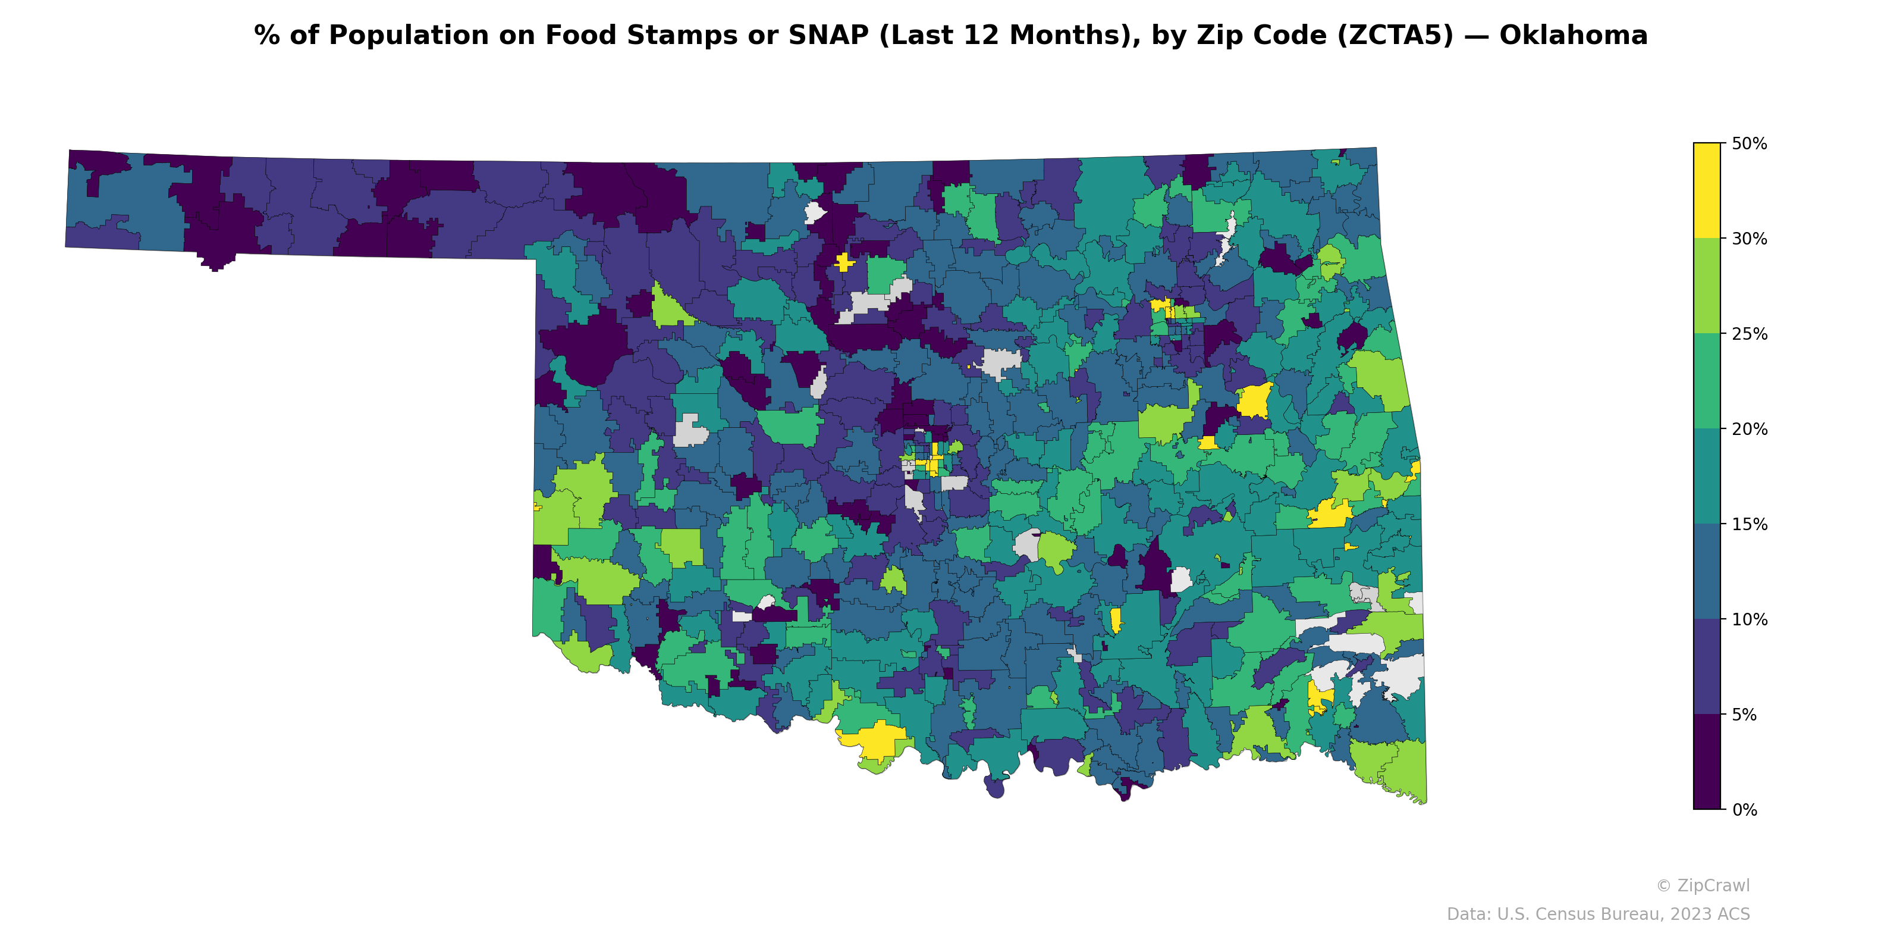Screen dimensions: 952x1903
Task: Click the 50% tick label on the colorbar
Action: pos(1748,144)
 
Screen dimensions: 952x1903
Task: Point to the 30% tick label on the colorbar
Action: pos(1748,239)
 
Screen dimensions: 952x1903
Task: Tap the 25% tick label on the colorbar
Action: pos(1748,334)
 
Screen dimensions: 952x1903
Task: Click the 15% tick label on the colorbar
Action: pos(1748,525)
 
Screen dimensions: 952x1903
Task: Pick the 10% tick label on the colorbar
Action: pos(1748,620)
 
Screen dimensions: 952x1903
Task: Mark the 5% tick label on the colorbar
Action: pos(1744,715)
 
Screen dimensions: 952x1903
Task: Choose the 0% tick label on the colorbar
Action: pos(1744,810)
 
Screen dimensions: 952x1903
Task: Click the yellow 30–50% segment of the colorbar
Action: pos(1707,190)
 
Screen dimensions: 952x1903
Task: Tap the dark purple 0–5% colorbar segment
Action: pos(1707,762)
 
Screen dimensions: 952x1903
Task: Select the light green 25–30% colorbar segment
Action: pos(1707,286)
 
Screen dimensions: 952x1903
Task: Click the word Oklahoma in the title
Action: pos(1573,36)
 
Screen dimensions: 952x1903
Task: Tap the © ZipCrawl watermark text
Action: pos(1702,885)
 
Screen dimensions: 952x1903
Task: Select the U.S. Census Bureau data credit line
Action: pos(1597,915)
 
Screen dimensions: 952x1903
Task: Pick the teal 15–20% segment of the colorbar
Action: pos(1707,477)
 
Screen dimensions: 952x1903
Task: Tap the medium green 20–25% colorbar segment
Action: pos(1707,381)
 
